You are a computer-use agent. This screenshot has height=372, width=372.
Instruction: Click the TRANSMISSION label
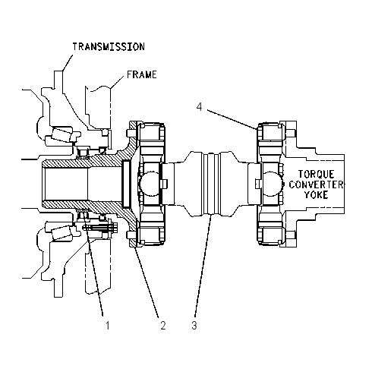coord(109,47)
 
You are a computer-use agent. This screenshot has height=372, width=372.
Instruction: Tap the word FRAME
coord(142,74)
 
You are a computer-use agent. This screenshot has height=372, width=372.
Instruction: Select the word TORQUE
coord(316,175)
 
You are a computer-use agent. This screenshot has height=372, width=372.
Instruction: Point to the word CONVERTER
coord(316,184)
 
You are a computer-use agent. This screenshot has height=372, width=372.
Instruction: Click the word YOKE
coord(316,194)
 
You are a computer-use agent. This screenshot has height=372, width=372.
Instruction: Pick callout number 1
coord(108,326)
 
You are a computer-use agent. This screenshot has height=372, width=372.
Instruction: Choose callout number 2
coord(163,326)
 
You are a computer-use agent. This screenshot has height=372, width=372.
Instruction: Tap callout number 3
coord(194,326)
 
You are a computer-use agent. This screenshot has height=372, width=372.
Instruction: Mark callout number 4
coord(200,107)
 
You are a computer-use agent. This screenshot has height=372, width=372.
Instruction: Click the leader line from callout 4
coord(232,120)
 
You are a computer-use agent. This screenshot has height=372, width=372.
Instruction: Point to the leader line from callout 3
coord(203,265)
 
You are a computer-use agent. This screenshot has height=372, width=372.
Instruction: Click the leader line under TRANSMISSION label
coord(68,62)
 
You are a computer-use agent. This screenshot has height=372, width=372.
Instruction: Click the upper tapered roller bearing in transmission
coord(62,135)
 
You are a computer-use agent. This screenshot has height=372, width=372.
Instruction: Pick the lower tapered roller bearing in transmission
coord(63,232)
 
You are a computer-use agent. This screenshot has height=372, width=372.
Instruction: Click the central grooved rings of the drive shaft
coord(211,184)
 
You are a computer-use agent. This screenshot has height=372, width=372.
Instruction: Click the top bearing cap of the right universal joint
coord(270,131)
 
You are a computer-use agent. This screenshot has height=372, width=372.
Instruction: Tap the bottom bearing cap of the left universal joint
coord(151,236)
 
